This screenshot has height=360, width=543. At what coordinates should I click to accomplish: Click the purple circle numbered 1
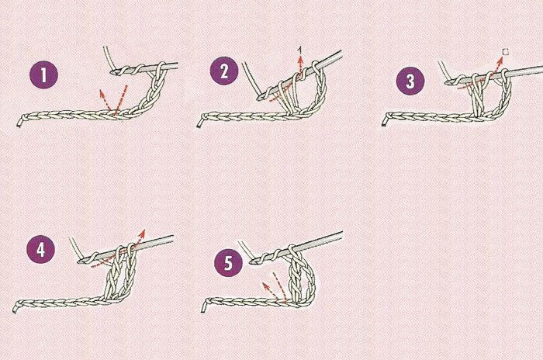[x=43, y=74]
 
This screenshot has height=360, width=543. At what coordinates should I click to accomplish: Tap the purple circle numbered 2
[x=224, y=71]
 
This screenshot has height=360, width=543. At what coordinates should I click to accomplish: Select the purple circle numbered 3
[x=410, y=81]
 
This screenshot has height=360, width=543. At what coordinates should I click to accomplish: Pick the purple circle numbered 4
[x=41, y=250]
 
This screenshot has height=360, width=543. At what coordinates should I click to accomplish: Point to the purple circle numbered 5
[x=228, y=263]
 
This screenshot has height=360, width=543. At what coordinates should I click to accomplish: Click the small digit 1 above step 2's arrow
[x=300, y=51]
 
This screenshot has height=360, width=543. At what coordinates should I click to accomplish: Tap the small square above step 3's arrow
[x=506, y=52]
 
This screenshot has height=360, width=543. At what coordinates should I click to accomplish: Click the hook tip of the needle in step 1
[x=112, y=72]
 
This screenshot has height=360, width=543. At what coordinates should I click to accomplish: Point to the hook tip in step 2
[x=259, y=98]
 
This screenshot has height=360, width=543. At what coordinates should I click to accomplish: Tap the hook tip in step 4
[x=80, y=261]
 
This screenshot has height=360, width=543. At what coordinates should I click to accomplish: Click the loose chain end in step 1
[x=19, y=123]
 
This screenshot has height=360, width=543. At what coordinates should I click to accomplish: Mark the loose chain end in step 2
[x=199, y=124]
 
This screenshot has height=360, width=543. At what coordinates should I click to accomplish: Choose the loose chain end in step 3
[x=384, y=123]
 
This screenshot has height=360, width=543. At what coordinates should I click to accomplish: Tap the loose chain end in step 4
[x=15, y=310]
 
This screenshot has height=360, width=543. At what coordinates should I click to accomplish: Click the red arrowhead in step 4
[x=142, y=234]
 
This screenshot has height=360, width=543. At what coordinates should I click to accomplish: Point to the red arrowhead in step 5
[x=265, y=286]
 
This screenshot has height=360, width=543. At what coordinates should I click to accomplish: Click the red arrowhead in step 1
[x=102, y=92]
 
